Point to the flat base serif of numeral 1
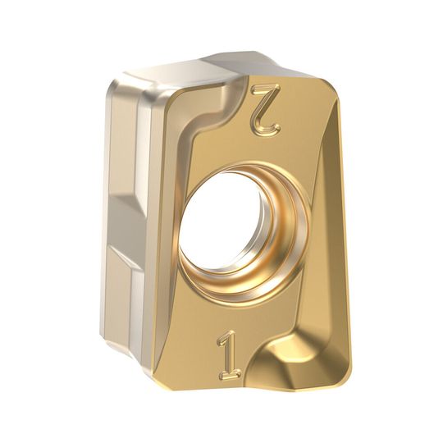pos(231,374)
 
